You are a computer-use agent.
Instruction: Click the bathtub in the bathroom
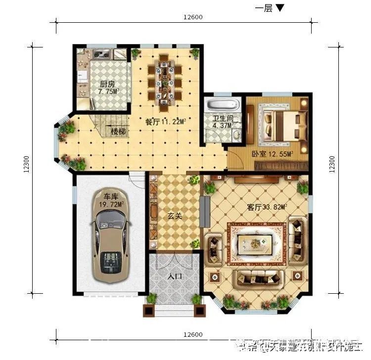[222, 105]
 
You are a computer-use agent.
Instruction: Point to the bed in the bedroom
[284, 124]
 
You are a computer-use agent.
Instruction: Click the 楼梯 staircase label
[118, 132]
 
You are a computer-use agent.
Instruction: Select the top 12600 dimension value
[193, 17]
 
